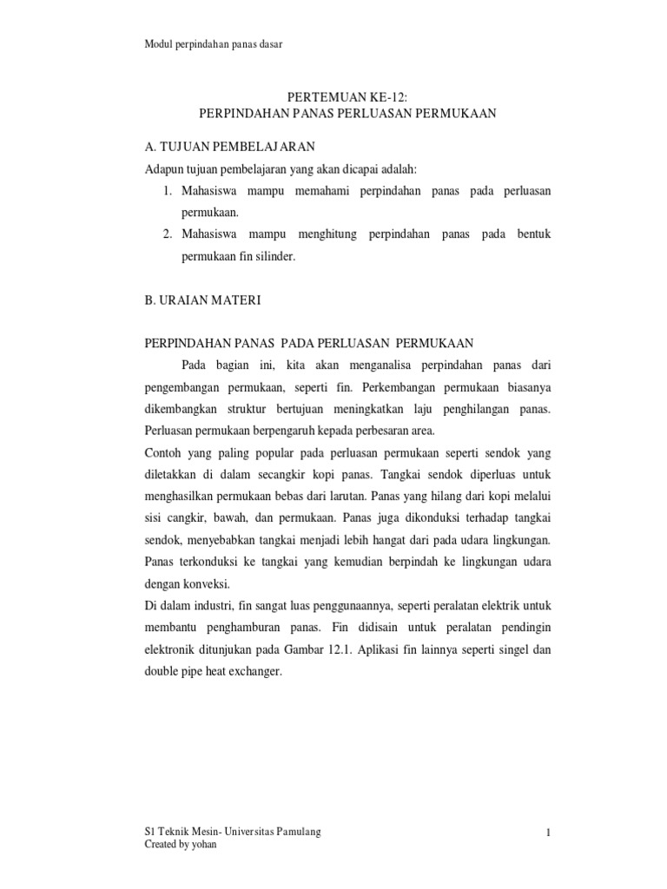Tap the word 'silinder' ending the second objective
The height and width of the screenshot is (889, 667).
(x=275, y=257)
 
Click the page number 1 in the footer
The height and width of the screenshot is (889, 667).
(x=549, y=834)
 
